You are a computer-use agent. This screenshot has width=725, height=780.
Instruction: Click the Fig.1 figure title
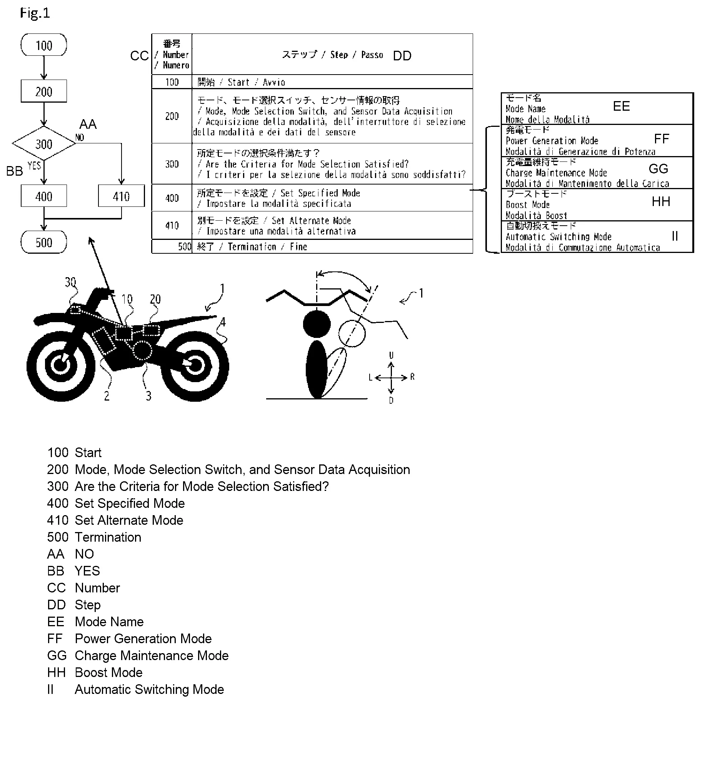point(35,13)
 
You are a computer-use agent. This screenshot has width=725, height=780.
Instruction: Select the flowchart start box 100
point(44,45)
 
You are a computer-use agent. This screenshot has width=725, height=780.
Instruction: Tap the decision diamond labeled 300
point(44,143)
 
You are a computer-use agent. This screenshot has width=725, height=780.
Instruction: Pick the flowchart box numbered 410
point(121,196)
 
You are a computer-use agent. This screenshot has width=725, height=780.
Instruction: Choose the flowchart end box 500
point(44,242)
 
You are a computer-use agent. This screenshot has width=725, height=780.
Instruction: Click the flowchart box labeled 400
point(44,196)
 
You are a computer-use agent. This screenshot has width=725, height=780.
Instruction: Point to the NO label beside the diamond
point(80,137)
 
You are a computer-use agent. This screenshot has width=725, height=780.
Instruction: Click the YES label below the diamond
point(35,165)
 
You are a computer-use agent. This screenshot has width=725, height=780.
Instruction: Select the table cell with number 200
point(172,116)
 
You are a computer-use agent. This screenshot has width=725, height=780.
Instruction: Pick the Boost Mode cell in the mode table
point(597,205)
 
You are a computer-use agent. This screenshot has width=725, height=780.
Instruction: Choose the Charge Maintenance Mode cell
point(597,173)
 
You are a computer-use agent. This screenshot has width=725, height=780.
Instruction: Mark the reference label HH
point(661,201)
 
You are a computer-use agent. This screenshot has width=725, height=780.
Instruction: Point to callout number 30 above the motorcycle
point(71,281)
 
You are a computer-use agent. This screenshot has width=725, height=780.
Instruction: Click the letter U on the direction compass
point(391,355)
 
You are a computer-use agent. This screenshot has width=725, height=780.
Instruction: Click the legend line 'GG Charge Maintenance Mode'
point(138,655)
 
